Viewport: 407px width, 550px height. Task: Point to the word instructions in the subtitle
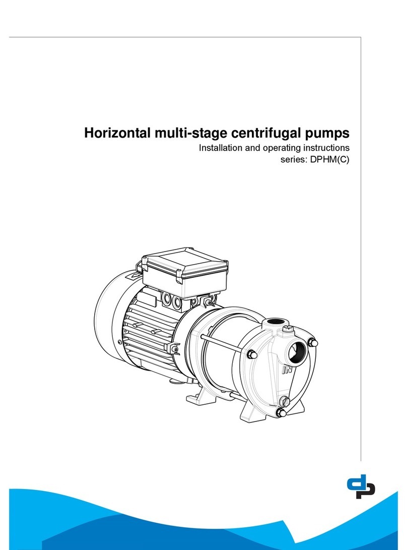[x=324, y=149]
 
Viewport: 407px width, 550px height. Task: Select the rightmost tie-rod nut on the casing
[x=311, y=342]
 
